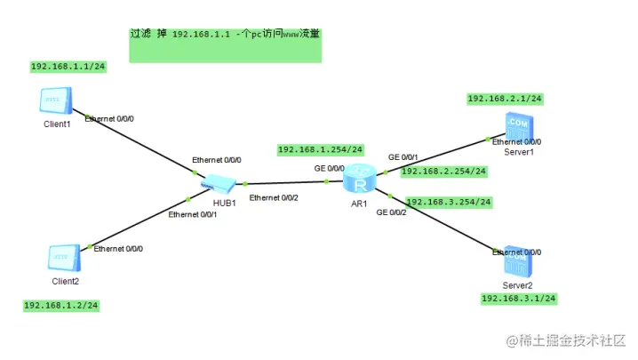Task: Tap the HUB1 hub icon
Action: point(217,184)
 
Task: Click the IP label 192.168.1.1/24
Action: point(68,67)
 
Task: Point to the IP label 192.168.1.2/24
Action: point(60,305)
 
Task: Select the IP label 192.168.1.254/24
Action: point(321,149)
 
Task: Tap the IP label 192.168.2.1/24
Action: point(505,99)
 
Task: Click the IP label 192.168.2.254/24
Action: point(443,171)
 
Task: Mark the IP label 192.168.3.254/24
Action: point(448,202)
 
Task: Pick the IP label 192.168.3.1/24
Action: point(518,299)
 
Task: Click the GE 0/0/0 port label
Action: point(329,167)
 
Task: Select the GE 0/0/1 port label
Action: point(403,157)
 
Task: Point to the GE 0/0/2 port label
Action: point(391,212)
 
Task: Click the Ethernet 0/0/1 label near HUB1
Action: point(193,214)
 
